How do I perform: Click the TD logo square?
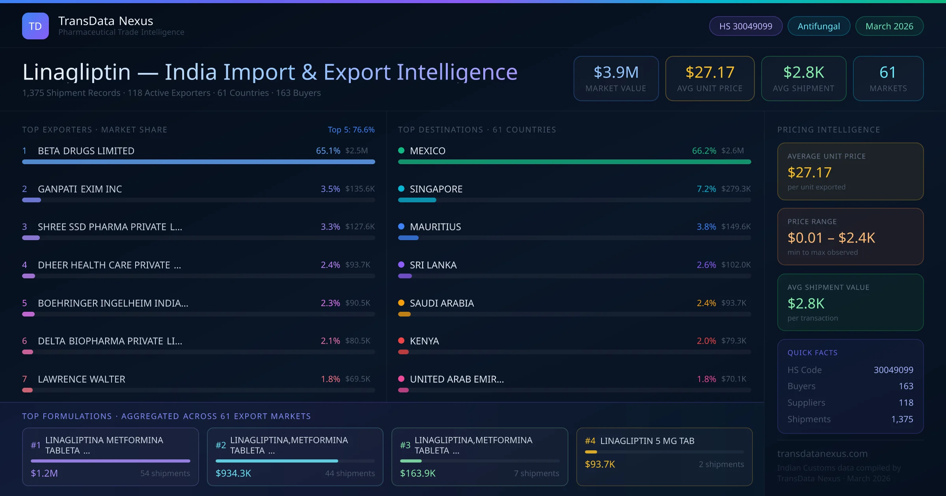click(x=35, y=26)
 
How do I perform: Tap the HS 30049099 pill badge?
click(x=745, y=26)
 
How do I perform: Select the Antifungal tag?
click(x=818, y=26)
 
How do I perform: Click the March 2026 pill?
click(x=889, y=26)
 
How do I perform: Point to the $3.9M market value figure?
click(x=616, y=72)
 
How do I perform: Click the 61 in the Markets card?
click(x=888, y=72)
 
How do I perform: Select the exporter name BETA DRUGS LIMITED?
click(x=86, y=151)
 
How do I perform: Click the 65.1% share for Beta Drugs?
click(x=328, y=151)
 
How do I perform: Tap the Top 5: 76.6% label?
click(x=351, y=130)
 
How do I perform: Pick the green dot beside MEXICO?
click(x=401, y=150)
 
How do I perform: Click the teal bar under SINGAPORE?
click(x=417, y=200)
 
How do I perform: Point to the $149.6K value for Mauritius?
click(x=736, y=227)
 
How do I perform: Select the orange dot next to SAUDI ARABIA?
click(x=401, y=303)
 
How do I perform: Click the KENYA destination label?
click(x=424, y=341)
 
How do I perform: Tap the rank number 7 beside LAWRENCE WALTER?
click(x=24, y=379)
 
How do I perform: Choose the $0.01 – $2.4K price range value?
click(x=831, y=238)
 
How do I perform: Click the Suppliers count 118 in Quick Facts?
click(x=905, y=403)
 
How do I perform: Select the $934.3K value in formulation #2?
click(x=233, y=473)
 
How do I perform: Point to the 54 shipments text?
click(x=165, y=473)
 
